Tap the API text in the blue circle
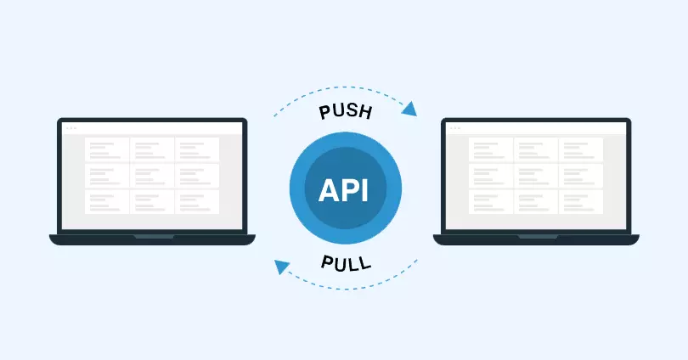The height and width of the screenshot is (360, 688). pos(344,189)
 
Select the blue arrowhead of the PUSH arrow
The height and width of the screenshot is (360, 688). pos(409,108)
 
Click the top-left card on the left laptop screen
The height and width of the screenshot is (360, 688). pos(107,149)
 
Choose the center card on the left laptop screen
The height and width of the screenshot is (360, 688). pos(152,176)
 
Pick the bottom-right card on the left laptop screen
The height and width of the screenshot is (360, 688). pos(197,201)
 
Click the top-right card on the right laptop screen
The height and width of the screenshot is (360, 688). pos(581,149)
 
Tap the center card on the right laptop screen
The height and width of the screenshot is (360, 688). pos(536,176)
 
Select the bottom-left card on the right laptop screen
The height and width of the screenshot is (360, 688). pos(492,201)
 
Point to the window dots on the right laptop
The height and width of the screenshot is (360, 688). pos(454,128)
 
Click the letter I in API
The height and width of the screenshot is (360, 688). pos(364,189)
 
